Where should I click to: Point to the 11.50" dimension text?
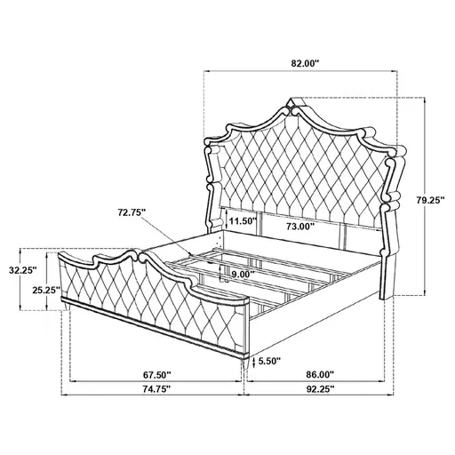tap(241, 220)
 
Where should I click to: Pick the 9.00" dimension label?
tap(237, 275)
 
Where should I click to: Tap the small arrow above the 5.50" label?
tap(255, 354)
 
